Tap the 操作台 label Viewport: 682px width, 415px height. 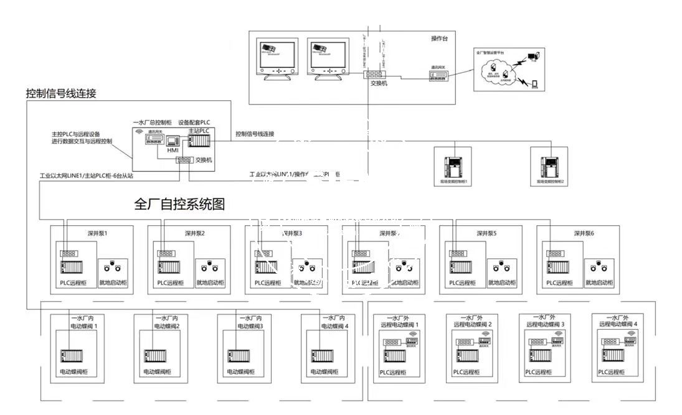(440, 39)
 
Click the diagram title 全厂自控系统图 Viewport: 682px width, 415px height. (179, 204)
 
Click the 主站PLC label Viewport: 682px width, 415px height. (199, 131)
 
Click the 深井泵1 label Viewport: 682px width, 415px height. (98, 234)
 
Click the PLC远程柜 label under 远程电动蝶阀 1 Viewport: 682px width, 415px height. (394, 372)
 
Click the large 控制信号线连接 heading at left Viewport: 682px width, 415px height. (60, 94)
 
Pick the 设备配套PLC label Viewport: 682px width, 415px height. (193, 123)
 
